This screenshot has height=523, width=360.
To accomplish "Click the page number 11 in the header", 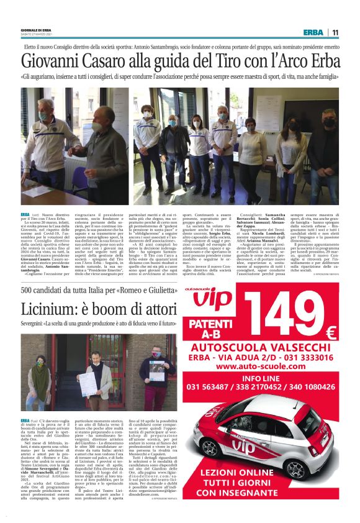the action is click(335, 33).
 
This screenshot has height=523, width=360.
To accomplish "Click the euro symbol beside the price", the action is click(331, 332).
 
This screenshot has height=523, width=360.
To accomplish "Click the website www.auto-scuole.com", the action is click(261, 367).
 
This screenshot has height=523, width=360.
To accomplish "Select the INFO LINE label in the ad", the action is click(261, 378).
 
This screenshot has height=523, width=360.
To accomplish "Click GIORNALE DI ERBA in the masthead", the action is click(37, 30).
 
